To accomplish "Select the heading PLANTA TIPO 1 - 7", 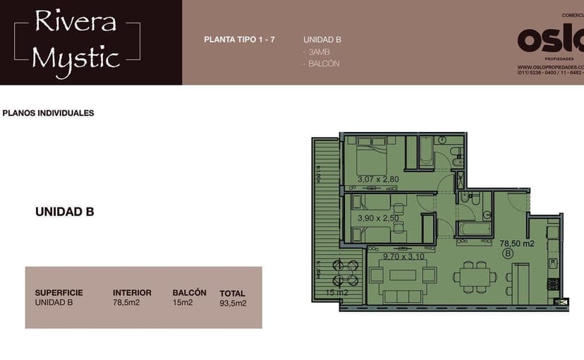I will click(x=239, y=40).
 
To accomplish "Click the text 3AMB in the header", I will click(x=318, y=52).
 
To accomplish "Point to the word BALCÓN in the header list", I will click(x=323, y=64).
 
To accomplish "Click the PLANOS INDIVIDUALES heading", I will click(x=49, y=113).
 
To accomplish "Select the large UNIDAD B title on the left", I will click(x=65, y=212).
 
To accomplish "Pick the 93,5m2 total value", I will click(x=233, y=304).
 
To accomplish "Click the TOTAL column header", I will click(x=232, y=294).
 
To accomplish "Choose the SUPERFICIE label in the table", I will click(x=59, y=293).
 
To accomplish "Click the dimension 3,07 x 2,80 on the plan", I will click(x=378, y=179).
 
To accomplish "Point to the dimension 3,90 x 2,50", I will click(x=378, y=218).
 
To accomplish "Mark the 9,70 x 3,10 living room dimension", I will click(x=404, y=256).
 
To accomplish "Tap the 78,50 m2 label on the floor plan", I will click(x=516, y=244).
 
